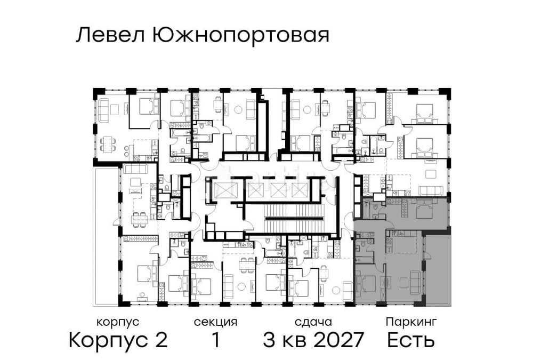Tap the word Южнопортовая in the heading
click(240, 36)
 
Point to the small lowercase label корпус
click(118, 322)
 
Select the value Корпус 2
click(118, 340)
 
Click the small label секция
click(215, 322)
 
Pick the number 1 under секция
click(216, 340)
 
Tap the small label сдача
click(313, 322)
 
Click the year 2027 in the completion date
click(337, 340)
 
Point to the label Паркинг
click(411, 322)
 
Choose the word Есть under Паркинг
click(411, 340)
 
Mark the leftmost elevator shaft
click(222, 190)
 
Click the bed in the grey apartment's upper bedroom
click(424, 212)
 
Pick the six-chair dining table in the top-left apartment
click(109, 143)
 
